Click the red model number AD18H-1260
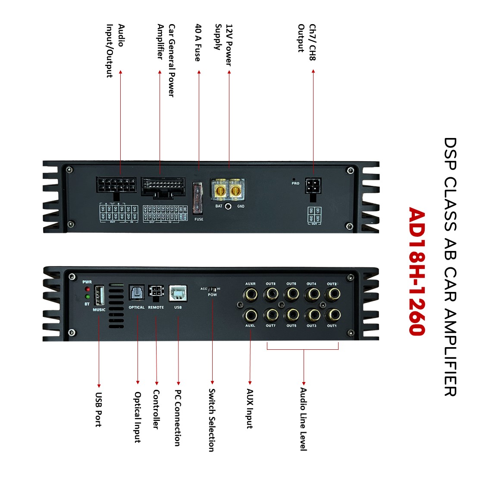tap(417, 271)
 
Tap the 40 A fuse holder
tap(198, 198)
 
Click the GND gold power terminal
tap(235, 190)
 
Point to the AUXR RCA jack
tap(250, 295)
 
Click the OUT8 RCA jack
tap(271, 295)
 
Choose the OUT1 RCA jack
tap(332, 315)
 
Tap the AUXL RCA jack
tap(250, 315)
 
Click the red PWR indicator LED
tap(88, 289)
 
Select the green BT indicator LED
tap(88, 297)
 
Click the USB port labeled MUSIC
tap(99, 295)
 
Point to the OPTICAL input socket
tap(137, 293)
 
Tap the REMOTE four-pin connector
tap(156, 292)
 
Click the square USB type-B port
tap(178, 293)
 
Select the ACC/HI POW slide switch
tap(212, 289)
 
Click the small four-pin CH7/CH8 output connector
tap(313, 187)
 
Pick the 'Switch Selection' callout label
tap(212, 420)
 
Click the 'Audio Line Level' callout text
tap(304, 419)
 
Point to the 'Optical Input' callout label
tap(138, 417)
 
